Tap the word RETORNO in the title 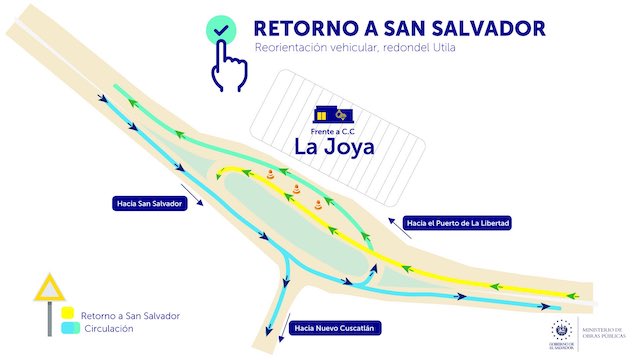point(298,29)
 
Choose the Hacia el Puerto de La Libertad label point(457,223)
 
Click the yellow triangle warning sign point(47,290)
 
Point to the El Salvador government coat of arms point(559,330)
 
